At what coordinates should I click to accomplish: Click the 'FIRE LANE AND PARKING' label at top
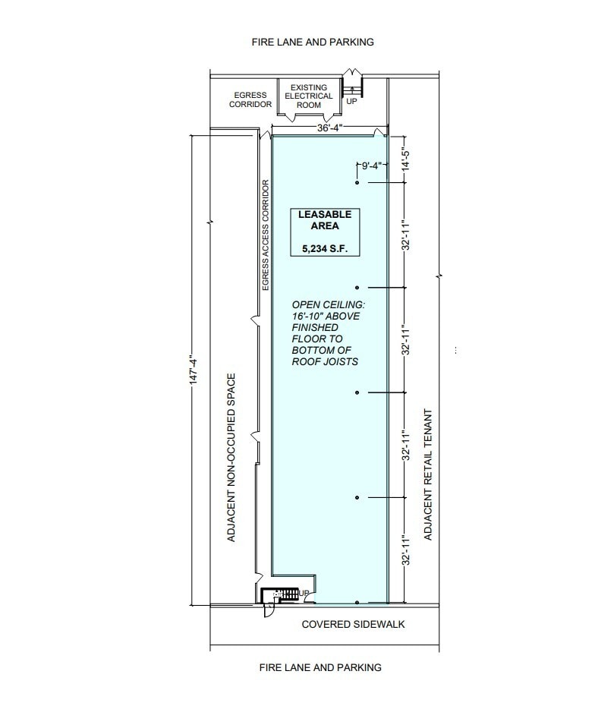point(313,43)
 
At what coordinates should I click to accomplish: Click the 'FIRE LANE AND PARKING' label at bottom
point(320,667)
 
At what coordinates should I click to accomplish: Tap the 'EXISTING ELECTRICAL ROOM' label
point(309,96)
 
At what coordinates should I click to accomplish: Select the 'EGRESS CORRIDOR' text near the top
point(250,99)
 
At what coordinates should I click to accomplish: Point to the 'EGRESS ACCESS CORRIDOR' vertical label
point(266,235)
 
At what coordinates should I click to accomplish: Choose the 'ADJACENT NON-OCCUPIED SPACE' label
point(232,457)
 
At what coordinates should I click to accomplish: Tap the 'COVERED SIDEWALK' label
point(353,625)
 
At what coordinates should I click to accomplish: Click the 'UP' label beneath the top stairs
point(352,102)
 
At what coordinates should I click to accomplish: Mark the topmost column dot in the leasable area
point(357,184)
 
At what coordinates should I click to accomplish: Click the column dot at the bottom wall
point(357,603)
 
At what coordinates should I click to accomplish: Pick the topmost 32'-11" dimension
point(406,236)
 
